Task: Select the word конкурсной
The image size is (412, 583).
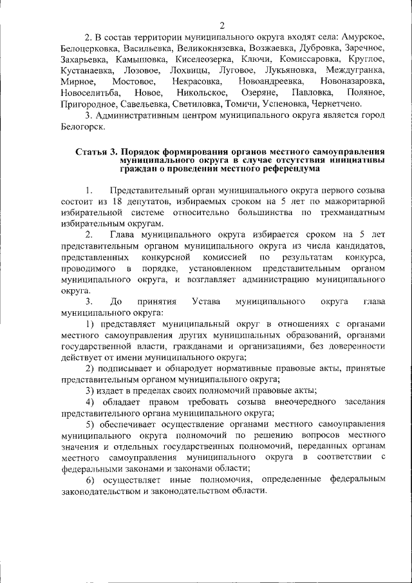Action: point(168,257)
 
